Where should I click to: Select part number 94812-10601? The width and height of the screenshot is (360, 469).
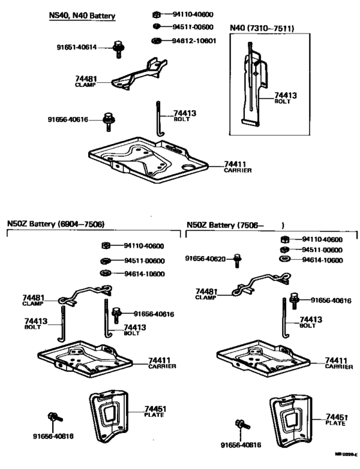(195, 41)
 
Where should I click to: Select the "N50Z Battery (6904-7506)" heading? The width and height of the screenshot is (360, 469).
(55, 225)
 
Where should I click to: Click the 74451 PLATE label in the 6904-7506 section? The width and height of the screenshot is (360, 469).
(154, 411)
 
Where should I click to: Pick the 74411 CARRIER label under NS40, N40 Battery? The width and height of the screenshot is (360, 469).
(237, 167)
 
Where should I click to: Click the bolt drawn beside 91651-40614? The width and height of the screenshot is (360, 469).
(118, 49)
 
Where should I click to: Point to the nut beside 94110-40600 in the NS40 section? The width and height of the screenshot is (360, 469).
(156, 14)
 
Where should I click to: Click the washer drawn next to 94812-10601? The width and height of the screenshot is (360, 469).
(156, 41)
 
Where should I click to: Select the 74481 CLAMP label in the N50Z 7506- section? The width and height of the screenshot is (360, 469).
(206, 293)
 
